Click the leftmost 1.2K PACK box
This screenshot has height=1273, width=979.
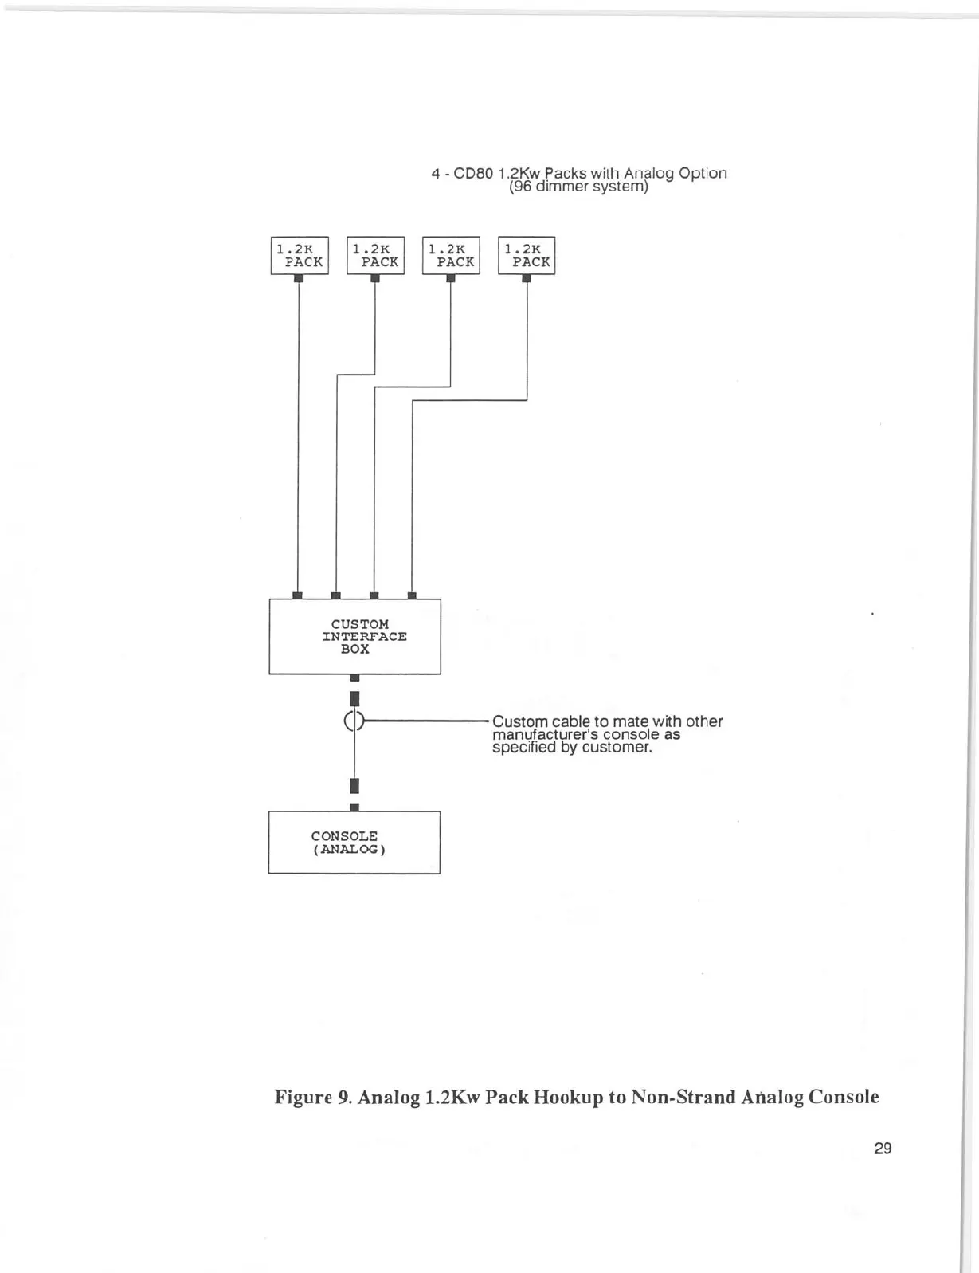pos(300,256)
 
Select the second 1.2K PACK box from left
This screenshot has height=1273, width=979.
pos(375,256)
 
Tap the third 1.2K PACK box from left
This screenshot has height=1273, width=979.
pos(451,256)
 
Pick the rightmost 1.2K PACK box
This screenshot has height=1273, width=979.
pos(527,256)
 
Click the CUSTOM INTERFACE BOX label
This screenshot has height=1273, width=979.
pos(364,636)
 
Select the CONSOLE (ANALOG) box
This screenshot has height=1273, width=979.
pos(354,843)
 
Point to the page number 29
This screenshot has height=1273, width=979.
pos(882,1149)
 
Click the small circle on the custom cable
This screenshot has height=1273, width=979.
pos(354,721)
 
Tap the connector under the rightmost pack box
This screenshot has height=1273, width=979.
pos(527,278)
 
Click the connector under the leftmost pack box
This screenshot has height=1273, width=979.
pos(299,278)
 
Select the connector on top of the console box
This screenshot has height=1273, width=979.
pos(354,807)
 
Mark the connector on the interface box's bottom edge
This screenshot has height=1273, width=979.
pos(354,678)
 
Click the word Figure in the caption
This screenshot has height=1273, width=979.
pos(301,1098)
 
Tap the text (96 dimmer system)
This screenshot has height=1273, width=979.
pos(578,187)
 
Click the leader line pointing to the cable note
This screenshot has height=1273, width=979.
pos(425,721)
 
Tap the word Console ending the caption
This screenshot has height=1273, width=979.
pos(844,1098)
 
